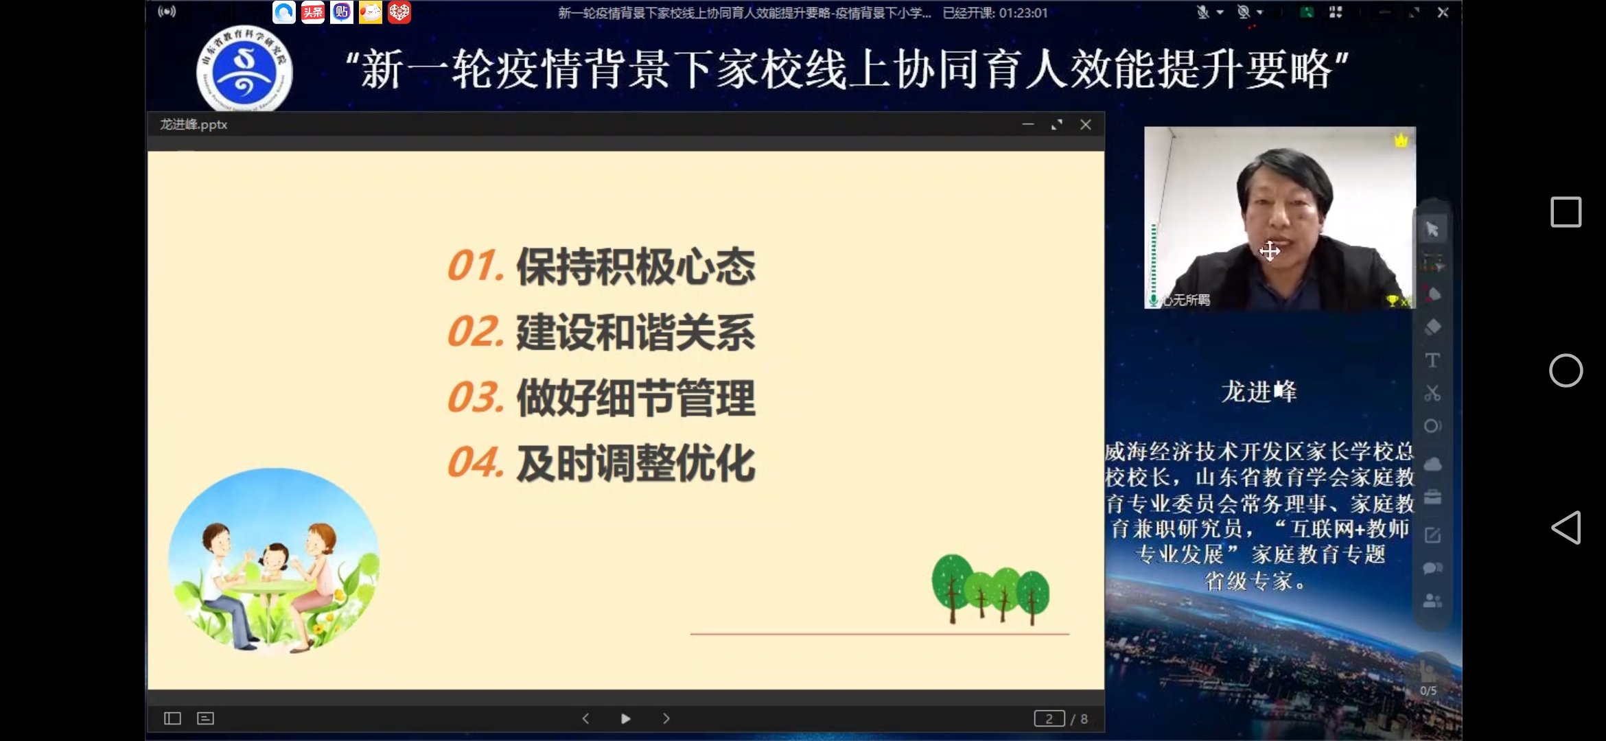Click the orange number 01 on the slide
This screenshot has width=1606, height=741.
(473, 266)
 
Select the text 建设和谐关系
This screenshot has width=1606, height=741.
(636, 332)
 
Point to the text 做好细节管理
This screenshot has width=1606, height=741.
(636, 398)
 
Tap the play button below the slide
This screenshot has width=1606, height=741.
(625, 718)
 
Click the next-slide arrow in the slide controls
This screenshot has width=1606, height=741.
(666, 718)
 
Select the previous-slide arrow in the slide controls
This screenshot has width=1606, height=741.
(585, 718)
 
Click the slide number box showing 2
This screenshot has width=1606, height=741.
(1049, 718)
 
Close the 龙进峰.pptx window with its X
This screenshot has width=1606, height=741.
(1085, 125)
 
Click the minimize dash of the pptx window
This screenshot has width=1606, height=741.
(1027, 125)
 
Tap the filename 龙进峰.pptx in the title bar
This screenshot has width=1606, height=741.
(194, 125)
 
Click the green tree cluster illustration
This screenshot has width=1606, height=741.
(990, 589)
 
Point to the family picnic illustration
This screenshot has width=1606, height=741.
(273, 560)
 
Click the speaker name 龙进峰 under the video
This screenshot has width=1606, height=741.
(1258, 392)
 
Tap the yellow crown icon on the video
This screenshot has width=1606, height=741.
(1401, 141)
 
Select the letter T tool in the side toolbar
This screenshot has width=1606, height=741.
(1432, 360)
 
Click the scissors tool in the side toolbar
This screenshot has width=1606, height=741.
(1432, 393)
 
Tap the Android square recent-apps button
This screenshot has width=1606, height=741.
(1566, 212)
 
